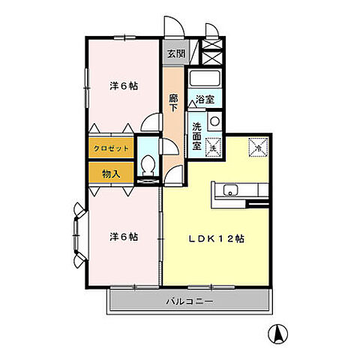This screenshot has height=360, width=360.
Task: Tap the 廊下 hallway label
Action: (x=173, y=103)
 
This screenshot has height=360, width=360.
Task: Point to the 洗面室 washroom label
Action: (x=196, y=136)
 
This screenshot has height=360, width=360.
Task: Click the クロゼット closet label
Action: (x=111, y=148)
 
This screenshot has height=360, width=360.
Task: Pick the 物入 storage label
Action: (x=109, y=173)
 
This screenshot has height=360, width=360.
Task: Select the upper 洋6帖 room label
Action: (x=123, y=85)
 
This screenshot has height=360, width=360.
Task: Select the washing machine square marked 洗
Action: (x=213, y=147)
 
